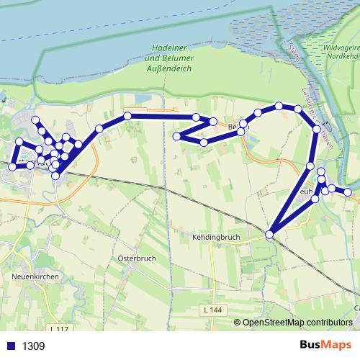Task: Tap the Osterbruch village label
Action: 132,257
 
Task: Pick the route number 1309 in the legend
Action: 33,346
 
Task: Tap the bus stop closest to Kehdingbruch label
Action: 270,233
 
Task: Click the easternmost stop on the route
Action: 348,192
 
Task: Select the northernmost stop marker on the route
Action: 279,107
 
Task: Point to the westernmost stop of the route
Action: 12,167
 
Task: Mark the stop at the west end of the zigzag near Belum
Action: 176,135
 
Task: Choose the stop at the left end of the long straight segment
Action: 127,115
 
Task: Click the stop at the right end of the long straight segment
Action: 196,116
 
